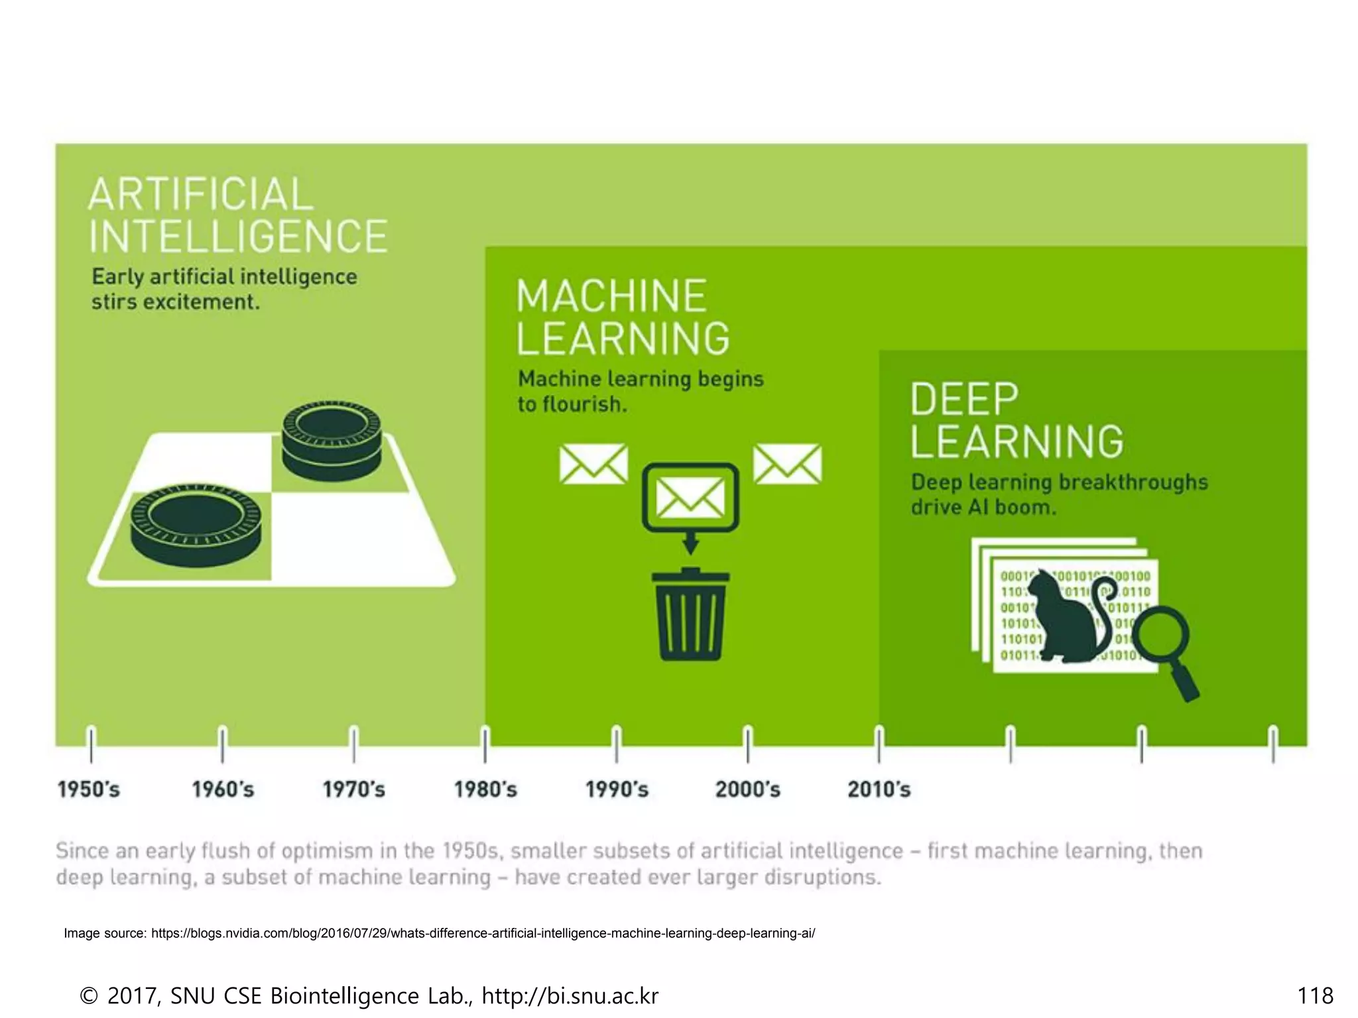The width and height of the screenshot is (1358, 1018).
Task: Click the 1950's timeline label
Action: tap(88, 789)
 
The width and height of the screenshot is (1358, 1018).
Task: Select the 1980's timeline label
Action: tap(485, 789)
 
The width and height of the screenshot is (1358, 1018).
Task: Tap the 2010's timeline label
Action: tap(879, 789)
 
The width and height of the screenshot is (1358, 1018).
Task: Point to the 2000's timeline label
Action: tap(748, 789)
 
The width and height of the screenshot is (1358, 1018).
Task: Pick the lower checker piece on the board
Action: tap(196, 524)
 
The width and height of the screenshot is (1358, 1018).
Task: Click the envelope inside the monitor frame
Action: tap(690, 498)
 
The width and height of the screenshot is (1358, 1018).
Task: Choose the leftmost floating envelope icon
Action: tap(593, 464)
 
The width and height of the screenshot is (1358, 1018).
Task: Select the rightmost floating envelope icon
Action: tap(787, 464)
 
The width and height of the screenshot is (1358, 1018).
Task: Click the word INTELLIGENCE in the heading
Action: tap(238, 237)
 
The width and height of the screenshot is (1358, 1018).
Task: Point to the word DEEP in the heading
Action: tap(964, 399)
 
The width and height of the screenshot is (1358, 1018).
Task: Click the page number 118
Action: tap(1315, 995)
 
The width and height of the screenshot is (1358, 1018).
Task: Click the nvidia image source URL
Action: tap(483, 933)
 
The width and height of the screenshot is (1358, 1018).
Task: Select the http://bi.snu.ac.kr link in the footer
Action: tap(570, 995)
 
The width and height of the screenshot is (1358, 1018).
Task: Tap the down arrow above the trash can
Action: tap(690, 543)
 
